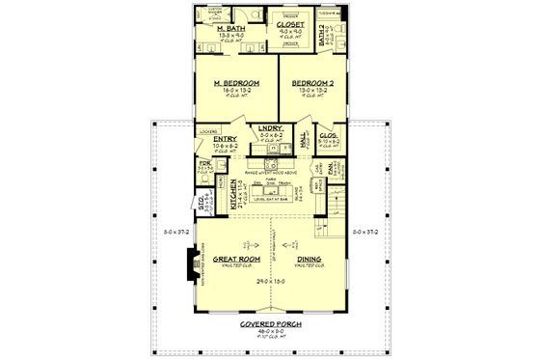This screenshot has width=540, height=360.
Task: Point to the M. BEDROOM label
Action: [236, 83]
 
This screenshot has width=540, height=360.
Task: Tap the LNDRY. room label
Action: [269, 127]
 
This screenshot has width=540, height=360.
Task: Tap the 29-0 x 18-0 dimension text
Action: [270, 279]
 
